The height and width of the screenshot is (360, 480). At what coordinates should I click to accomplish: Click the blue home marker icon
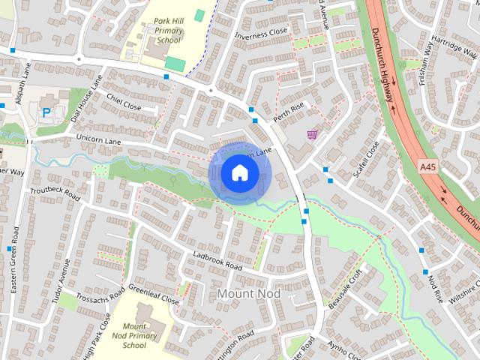(x=239, y=173)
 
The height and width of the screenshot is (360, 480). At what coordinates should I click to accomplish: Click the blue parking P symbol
(x=46, y=112)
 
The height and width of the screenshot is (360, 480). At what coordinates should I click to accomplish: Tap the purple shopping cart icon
(x=312, y=134)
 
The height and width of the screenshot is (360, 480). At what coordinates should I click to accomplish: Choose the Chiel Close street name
(x=124, y=102)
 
